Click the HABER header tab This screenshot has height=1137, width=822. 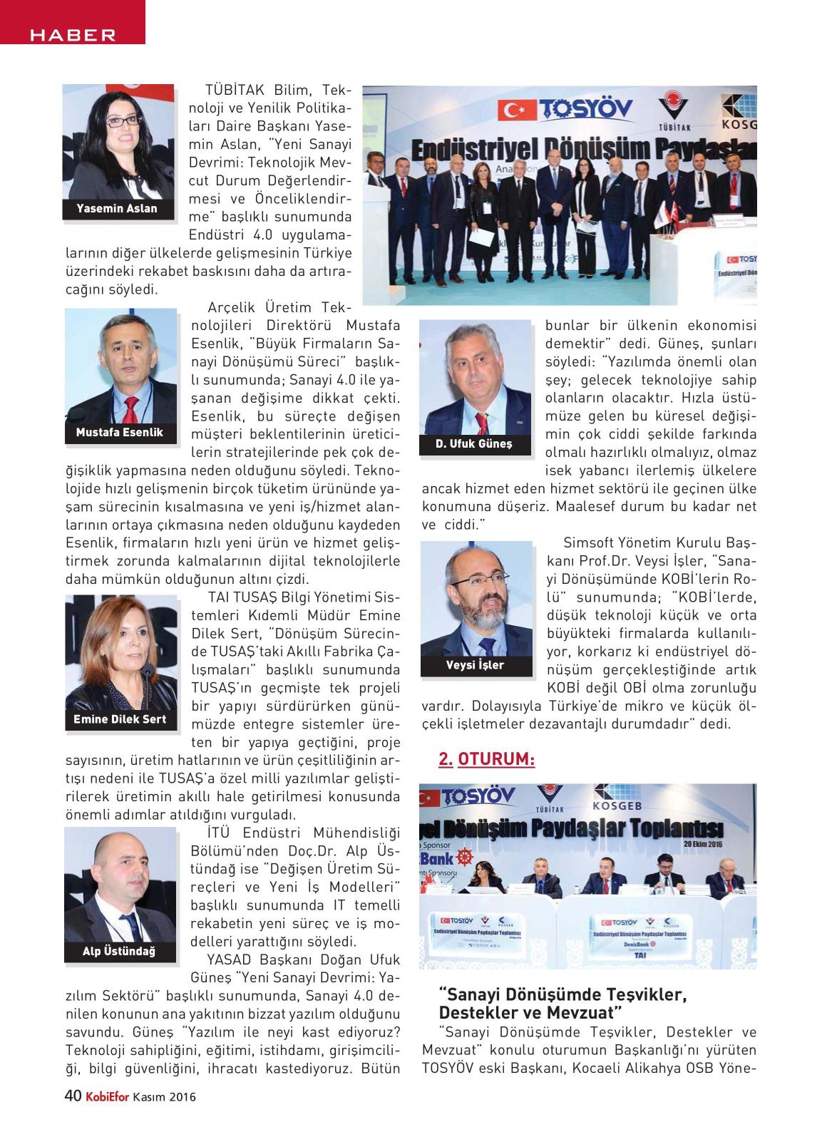coord(72,35)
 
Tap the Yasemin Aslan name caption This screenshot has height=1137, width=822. coord(118,209)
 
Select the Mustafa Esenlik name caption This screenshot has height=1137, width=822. coord(119,432)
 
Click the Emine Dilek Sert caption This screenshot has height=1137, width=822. coord(120,719)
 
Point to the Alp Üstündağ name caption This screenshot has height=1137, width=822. coord(119,951)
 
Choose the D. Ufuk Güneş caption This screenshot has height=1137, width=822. coord(474,444)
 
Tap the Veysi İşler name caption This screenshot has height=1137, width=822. coord(475,665)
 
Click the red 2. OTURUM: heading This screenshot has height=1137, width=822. coord(486,760)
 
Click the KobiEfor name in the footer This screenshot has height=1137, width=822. coord(107,1097)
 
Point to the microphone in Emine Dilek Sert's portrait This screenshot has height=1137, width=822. coord(148,672)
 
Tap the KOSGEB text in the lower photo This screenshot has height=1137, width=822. coord(623,806)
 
